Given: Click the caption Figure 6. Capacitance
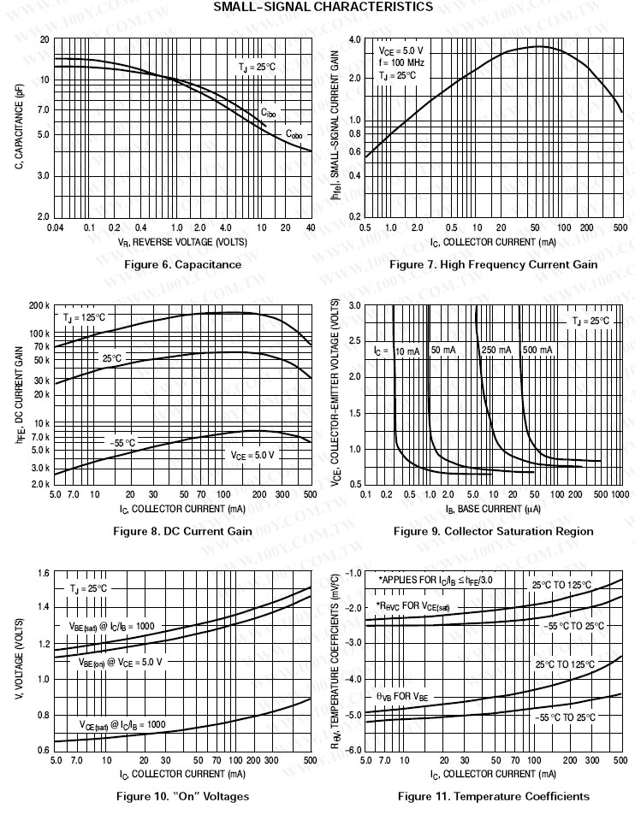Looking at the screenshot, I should pos(183,264).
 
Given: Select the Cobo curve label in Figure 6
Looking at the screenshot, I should pos(294,134).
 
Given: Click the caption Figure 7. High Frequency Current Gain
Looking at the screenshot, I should pos(493,264).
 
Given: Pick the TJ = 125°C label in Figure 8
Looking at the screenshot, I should pos(84,317).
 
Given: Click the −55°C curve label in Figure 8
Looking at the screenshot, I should pos(122,442).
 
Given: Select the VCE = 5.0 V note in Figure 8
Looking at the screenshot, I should pos(253,456).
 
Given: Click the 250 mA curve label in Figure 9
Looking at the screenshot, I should pos(496,351).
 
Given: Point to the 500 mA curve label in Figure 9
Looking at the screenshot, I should pos(537,351).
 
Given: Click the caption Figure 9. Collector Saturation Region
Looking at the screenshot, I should pos(493,531).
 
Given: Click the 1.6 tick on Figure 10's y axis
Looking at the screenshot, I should pos(43,572).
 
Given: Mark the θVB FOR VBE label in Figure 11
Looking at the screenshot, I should pos(402,697).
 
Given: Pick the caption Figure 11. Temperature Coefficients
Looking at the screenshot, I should pos(493,796).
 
